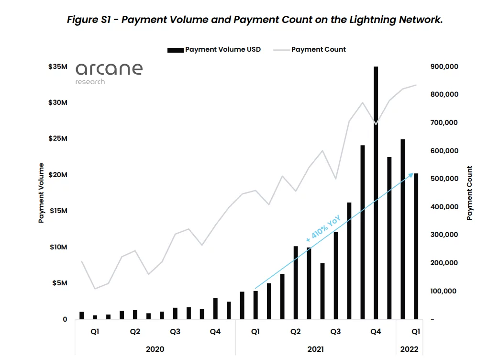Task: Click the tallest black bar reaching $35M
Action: tap(376, 191)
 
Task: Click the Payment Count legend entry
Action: tap(318, 49)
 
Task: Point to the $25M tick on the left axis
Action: tap(57, 138)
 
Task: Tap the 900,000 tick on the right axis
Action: tap(444, 67)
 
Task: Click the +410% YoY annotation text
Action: tap(323, 228)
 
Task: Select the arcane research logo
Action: tap(109, 72)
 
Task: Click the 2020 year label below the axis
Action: tap(155, 349)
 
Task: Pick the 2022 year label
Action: tap(409, 349)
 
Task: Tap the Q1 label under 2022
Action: tap(416, 331)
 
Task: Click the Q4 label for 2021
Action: tap(376, 331)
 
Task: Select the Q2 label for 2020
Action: tap(135, 331)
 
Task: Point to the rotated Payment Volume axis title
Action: tap(41, 193)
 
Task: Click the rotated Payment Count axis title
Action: tap(469, 193)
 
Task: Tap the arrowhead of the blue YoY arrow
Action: tap(411, 175)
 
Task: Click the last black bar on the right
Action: tap(416, 246)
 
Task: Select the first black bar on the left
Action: tap(82, 315)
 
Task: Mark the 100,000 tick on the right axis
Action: tap(444, 291)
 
